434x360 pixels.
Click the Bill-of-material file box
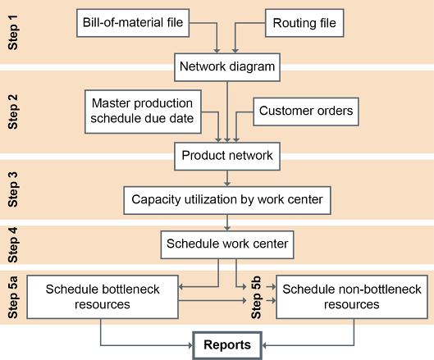(133, 23)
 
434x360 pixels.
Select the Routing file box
(304, 23)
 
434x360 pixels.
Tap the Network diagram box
(227, 67)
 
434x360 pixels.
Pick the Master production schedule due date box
(143, 112)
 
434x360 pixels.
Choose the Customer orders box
(306, 112)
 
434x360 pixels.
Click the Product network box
(227, 156)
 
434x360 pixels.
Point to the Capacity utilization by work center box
(227, 200)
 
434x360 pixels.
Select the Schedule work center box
(227, 244)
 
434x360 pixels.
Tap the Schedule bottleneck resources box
(103, 297)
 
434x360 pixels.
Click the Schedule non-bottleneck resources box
(352, 297)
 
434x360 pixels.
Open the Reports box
(227, 345)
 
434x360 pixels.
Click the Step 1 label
(13, 32)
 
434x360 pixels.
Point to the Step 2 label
(13, 112)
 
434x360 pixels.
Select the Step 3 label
(13, 189)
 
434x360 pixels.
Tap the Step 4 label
(13, 245)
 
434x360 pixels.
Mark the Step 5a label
(13, 297)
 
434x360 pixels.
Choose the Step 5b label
(256, 297)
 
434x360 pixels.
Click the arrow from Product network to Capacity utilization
(227, 178)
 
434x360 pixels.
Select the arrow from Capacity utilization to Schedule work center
(227, 222)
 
